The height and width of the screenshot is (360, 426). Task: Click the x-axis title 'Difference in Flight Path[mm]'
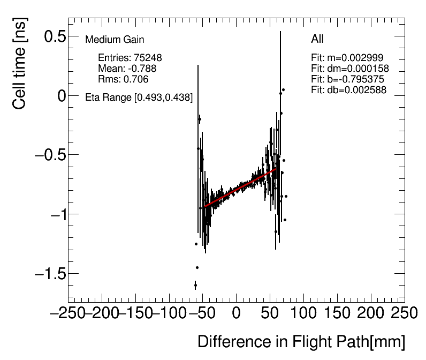301,342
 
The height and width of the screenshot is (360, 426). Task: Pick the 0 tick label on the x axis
236,313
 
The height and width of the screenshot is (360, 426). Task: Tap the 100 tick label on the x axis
302,313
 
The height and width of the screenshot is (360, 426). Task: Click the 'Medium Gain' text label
115,40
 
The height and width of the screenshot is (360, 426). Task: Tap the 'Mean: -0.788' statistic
127,69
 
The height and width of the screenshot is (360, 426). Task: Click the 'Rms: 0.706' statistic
123,79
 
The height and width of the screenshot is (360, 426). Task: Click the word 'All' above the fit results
317,39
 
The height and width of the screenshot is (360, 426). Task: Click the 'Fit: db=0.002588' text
348,90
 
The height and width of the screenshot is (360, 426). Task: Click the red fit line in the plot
241,187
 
